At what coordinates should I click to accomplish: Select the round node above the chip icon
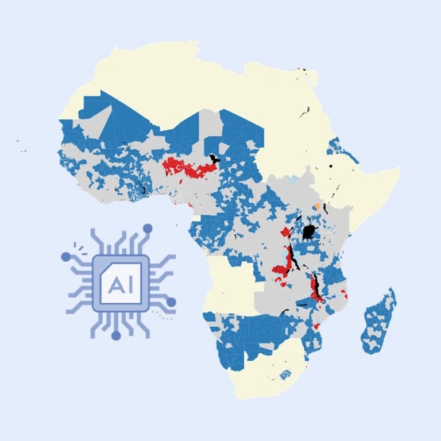[148, 228]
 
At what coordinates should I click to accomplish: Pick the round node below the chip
[116, 335]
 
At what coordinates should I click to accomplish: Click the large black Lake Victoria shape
[310, 232]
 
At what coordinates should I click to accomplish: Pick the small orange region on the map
[316, 206]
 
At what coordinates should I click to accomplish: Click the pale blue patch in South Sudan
[293, 180]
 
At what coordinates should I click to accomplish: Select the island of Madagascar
[379, 322]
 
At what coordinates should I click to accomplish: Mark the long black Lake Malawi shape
[315, 287]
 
